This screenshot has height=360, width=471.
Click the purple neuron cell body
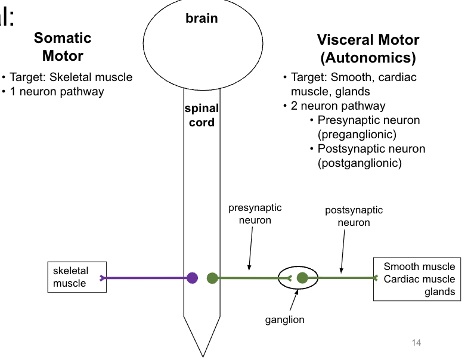192,278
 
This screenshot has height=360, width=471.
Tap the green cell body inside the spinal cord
212,278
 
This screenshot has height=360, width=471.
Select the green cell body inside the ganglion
302,278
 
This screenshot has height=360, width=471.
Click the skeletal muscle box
77,277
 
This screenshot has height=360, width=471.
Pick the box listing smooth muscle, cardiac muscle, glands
416,279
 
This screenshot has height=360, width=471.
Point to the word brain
202,18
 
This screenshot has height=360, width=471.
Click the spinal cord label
202,116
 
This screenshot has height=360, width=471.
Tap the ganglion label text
284,319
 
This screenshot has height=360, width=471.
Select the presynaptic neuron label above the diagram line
255,214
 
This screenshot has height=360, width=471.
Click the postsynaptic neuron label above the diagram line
354,216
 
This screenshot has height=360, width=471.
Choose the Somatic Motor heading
63,47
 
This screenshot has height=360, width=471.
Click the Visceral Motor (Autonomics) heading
368,49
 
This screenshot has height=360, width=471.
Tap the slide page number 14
416,342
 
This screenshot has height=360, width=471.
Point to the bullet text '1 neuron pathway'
57,92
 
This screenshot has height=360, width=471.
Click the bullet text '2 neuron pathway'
338,106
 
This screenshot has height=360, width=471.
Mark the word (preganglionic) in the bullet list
357,134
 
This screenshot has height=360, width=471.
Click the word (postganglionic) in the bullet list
360,163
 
